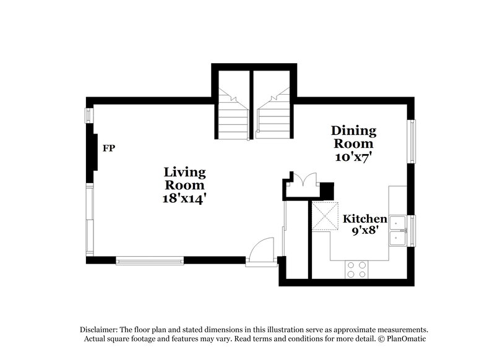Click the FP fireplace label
point(109,148)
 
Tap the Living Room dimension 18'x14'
point(184,199)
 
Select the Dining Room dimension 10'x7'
point(353,157)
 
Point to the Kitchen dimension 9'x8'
point(365,231)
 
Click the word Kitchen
point(365,218)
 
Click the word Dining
point(353,131)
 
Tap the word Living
point(184,173)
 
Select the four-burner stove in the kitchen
point(356,270)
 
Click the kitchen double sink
point(398,231)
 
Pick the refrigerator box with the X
point(325,216)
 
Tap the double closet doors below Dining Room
point(304,179)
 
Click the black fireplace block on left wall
point(92,153)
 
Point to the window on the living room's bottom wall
point(150,260)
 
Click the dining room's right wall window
point(411,142)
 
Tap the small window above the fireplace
point(89,116)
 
